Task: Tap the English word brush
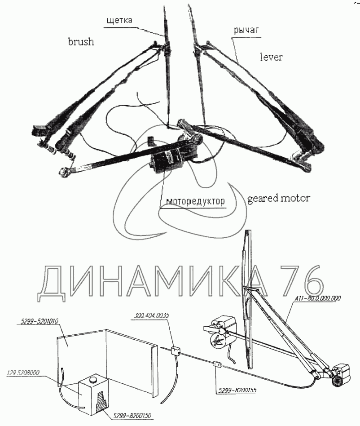point(81,42)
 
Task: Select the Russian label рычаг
point(247,30)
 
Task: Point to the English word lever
point(271,57)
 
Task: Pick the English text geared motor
point(278,198)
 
